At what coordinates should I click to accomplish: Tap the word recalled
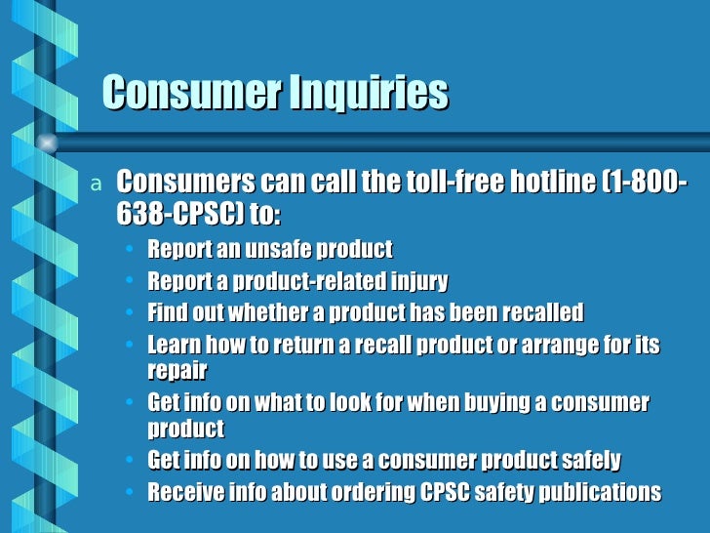537,312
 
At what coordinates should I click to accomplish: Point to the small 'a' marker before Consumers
95,184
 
